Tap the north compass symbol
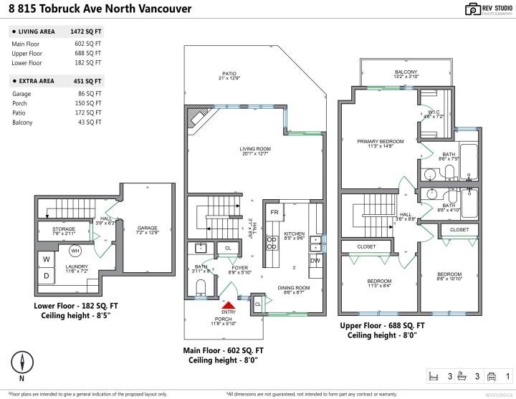[23, 362]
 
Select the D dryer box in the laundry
[47, 275]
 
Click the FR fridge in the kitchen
[274, 213]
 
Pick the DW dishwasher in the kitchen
[315, 261]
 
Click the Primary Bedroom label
[381, 142]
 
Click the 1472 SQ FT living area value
[87, 32]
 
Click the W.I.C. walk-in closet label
[434, 112]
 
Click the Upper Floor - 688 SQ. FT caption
[381, 325]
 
